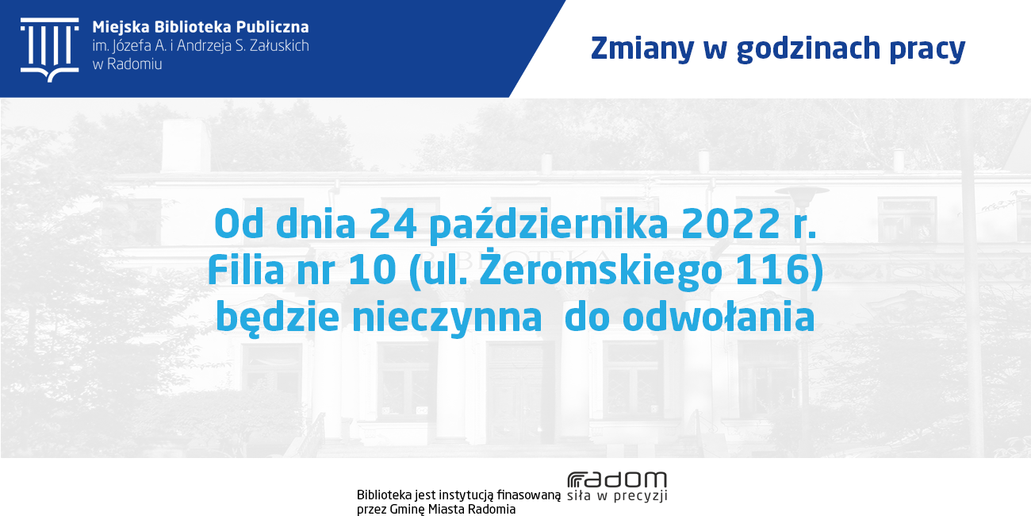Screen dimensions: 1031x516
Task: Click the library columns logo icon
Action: click(x=50, y=50)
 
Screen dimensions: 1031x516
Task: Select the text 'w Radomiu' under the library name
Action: click(x=127, y=64)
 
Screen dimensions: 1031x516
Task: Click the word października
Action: click(x=549, y=225)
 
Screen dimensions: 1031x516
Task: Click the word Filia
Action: click(x=246, y=270)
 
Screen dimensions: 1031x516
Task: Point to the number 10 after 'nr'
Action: click(x=373, y=270)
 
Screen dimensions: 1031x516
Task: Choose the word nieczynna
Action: click(x=447, y=317)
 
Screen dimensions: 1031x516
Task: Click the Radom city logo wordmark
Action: click(x=617, y=479)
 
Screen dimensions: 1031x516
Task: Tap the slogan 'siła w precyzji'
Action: click(x=617, y=496)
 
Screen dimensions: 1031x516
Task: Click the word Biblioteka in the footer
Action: click(x=384, y=495)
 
